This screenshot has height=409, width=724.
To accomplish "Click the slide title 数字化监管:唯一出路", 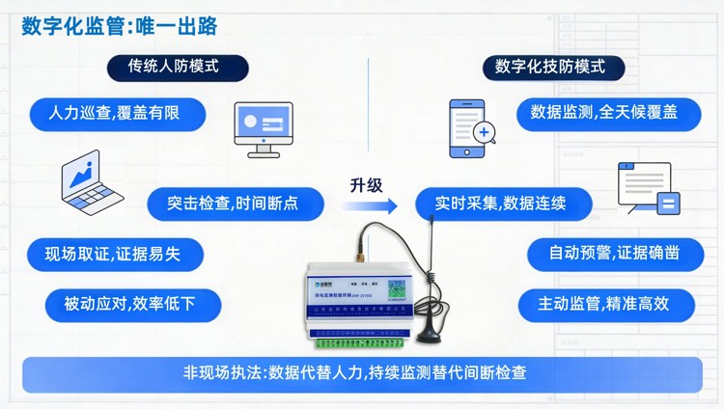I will click(120, 26).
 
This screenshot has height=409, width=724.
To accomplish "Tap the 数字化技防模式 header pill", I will click(550, 68).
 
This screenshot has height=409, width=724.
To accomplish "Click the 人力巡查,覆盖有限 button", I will click(117, 113).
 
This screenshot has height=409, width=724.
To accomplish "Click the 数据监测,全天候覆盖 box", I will click(603, 113).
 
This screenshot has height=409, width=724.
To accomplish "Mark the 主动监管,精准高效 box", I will click(605, 305).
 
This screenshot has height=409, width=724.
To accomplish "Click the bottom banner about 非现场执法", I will click(362, 373).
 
